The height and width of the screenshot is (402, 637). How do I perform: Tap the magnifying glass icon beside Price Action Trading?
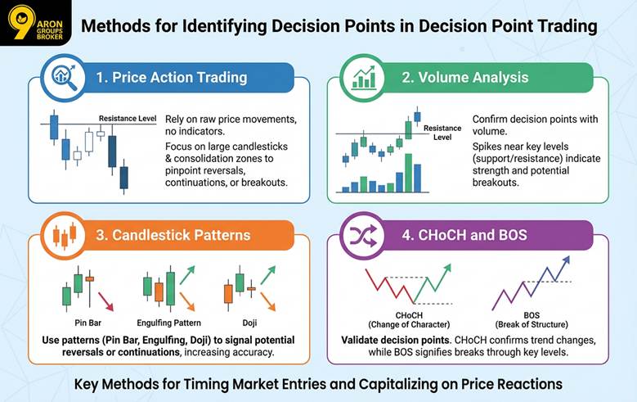(x=63, y=78)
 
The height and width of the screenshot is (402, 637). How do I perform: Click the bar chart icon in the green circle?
(x=362, y=78)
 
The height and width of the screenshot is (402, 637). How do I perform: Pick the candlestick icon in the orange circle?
(x=63, y=236)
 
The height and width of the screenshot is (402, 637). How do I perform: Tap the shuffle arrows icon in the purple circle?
(x=362, y=236)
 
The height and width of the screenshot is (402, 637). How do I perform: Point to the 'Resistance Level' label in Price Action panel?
(x=128, y=119)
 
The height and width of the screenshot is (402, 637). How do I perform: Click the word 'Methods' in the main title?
(x=111, y=26)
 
